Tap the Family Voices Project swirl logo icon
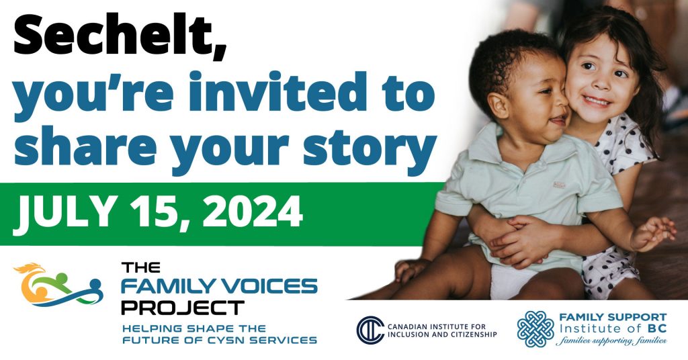58,285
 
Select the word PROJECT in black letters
183,308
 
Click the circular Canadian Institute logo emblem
370,330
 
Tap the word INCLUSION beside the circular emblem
411,334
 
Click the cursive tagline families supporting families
611,341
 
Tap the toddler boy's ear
499,106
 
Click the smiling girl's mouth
597,101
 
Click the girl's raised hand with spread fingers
653,232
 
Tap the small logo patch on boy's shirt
558,185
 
